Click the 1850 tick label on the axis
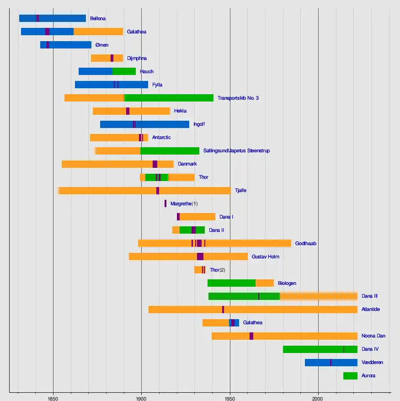[x=53, y=398]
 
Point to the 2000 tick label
[x=317, y=398]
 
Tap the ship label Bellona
[x=98, y=18]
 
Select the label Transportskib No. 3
[x=238, y=98]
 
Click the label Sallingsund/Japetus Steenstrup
[x=237, y=150]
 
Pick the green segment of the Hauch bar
[x=124, y=71]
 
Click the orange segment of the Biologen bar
[x=265, y=283]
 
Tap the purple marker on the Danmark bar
[x=155, y=164]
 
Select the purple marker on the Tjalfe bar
[x=158, y=191]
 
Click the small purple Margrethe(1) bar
[x=165, y=203]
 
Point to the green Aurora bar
[x=350, y=376]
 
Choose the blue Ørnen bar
[x=66, y=45]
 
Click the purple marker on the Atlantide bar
[x=223, y=310]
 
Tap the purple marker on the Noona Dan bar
[x=251, y=336]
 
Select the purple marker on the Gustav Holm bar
[x=200, y=257]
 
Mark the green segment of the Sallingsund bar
[x=170, y=151]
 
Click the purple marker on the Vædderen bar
[x=331, y=363]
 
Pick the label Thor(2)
[x=218, y=270]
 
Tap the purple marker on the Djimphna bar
[x=112, y=58]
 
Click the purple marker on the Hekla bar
[x=128, y=111]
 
